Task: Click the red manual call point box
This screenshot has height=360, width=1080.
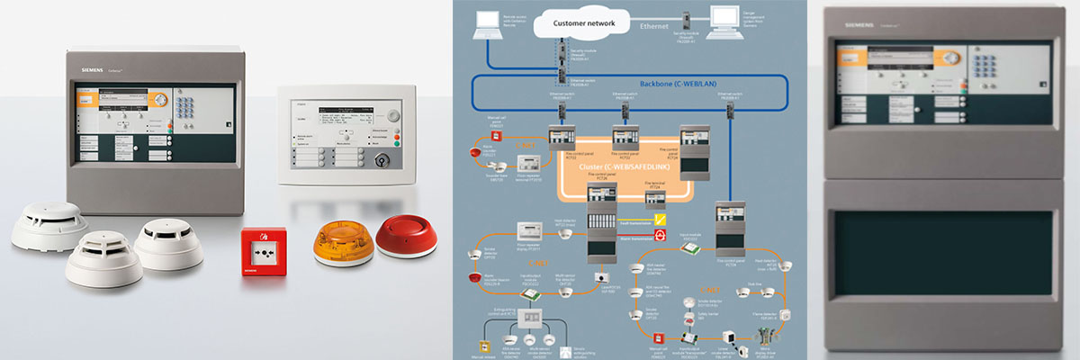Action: [x=264, y=252]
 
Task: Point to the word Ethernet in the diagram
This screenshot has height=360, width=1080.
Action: [x=655, y=28]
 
